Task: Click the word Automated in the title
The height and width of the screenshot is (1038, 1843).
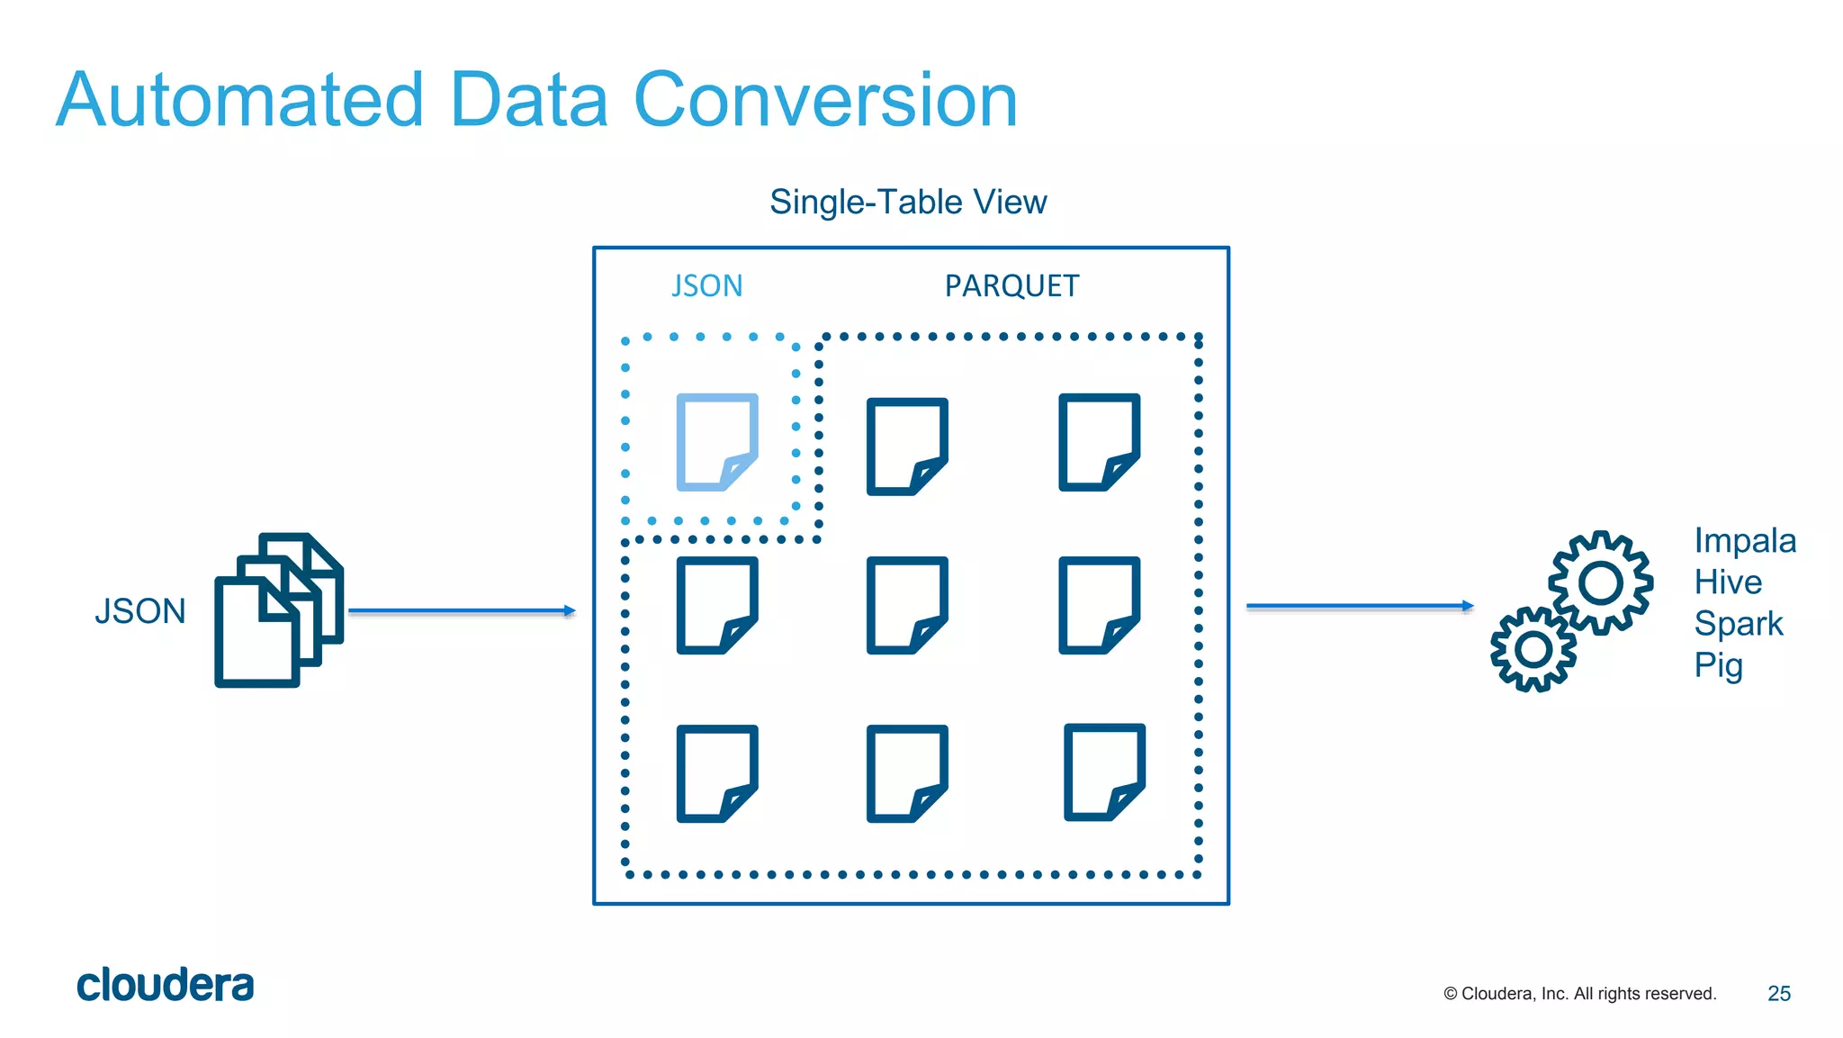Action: [x=239, y=100]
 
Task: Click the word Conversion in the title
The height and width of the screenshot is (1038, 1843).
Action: [x=825, y=100]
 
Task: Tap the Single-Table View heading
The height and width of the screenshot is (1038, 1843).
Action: [x=908, y=202]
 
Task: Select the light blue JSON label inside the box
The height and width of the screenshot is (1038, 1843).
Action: [x=707, y=286]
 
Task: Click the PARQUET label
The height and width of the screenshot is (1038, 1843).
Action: [x=1011, y=286]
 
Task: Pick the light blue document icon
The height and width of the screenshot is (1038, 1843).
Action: [x=716, y=442]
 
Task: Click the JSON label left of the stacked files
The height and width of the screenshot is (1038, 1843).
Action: [x=140, y=611]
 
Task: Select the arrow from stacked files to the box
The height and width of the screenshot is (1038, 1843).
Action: [x=461, y=610]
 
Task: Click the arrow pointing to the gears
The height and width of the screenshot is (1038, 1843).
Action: [x=1359, y=607]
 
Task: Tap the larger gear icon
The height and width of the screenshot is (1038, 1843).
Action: [x=1601, y=582]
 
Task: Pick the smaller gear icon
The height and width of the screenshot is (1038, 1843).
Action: [x=1533, y=649]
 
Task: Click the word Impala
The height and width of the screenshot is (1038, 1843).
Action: [x=1744, y=540]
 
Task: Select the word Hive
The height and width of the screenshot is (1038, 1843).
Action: [x=1727, y=582]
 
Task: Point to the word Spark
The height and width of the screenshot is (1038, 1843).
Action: [x=1738, y=623]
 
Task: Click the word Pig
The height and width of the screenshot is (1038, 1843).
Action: [x=1718, y=665]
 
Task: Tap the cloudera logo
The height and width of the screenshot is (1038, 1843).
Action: [x=166, y=985]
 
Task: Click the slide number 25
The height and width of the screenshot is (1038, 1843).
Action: [x=1778, y=993]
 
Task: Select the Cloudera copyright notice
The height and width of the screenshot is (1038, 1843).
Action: [x=1579, y=993]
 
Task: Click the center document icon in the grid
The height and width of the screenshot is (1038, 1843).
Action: [x=906, y=605]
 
